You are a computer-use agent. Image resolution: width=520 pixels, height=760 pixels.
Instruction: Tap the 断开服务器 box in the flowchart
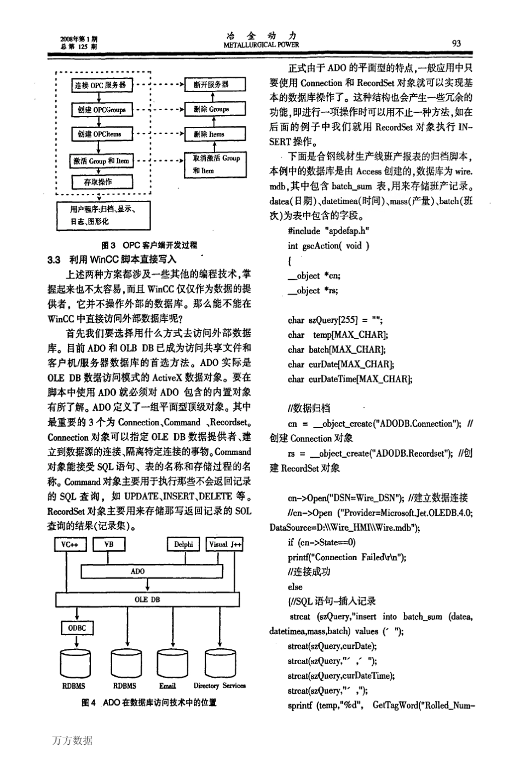click(215, 84)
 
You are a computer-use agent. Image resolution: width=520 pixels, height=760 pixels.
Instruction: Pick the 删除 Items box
click(214, 134)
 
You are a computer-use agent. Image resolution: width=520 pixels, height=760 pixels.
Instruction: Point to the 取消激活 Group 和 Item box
click(215, 164)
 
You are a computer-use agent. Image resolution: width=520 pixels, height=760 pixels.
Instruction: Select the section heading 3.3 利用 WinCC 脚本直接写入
click(112, 260)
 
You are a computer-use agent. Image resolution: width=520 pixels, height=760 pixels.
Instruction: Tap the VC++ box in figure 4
click(71, 544)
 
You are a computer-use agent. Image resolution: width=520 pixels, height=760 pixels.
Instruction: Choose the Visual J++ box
click(224, 544)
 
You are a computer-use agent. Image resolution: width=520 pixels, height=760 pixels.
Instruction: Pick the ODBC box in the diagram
click(77, 628)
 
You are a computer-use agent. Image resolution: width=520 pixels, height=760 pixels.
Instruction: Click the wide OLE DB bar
click(147, 600)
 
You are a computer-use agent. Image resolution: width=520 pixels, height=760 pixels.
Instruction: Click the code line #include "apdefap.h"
click(328, 231)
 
